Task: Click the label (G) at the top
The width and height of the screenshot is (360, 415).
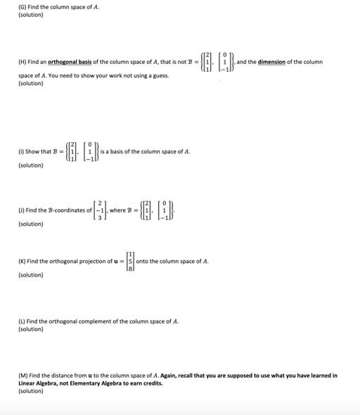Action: [x=22, y=7]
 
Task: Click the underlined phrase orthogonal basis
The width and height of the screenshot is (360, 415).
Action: [x=65, y=62]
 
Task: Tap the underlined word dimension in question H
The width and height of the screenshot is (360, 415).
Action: [x=271, y=62]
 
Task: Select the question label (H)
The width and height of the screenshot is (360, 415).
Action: [x=22, y=62]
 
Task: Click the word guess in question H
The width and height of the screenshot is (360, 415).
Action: [x=162, y=75]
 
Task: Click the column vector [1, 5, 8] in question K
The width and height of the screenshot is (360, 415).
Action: [x=129, y=262]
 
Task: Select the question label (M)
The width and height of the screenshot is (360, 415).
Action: [x=22, y=376]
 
